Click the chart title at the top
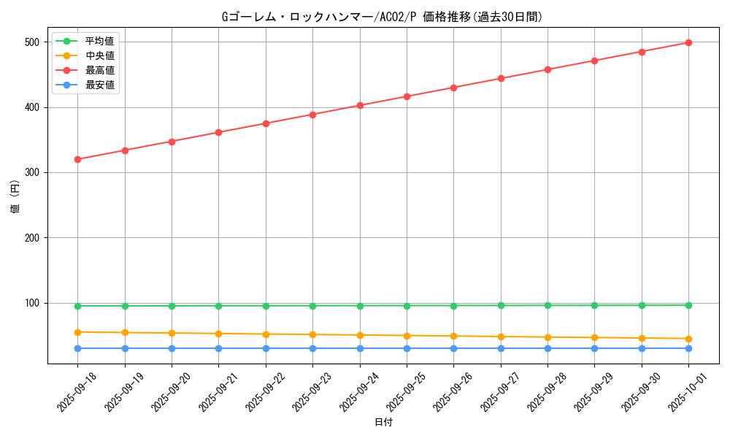(383, 17)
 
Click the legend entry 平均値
(99, 41)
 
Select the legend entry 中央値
(99, 55)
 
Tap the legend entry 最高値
(99, 70)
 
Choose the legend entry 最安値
(99, 85)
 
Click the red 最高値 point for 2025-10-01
(688, 42)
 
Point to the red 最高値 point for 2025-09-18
(78, 159)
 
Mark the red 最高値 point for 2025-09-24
(360, 105)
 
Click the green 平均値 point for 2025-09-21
(219, 306)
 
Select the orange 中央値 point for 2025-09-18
(78, 332)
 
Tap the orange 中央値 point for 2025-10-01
(688, 339)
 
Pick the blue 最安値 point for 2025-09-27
(501, 348)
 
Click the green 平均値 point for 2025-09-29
(594, 305)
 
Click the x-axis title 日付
(383, 423)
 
